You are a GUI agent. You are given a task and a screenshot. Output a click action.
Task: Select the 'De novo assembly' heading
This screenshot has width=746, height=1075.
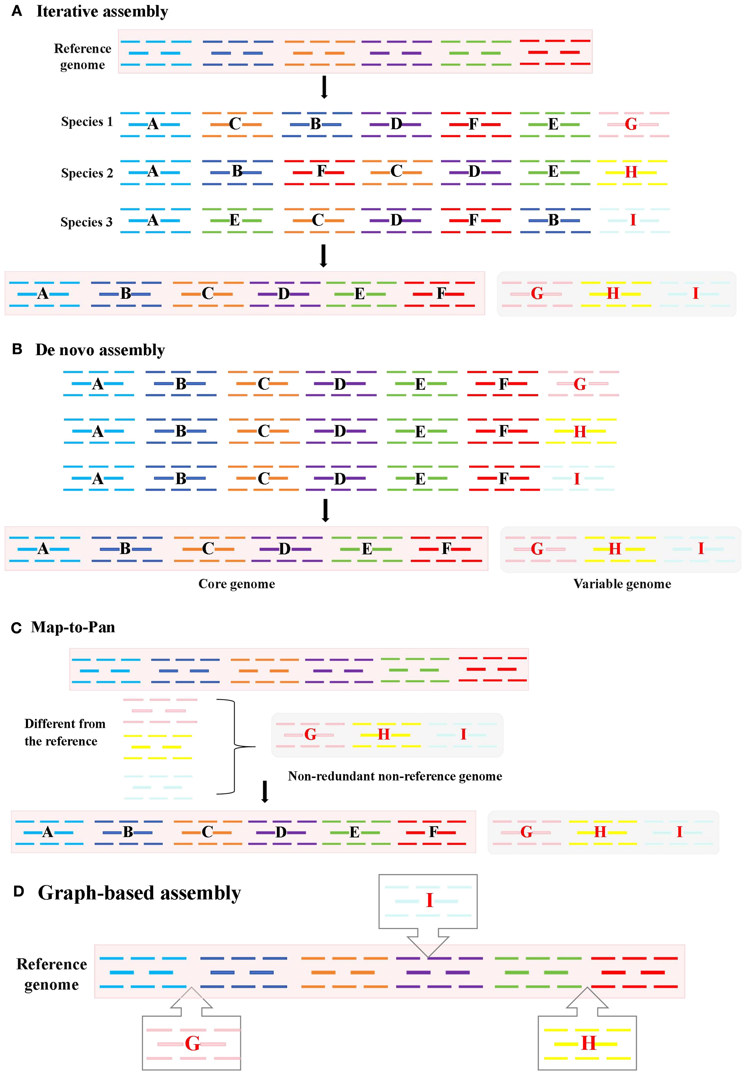[100, 350]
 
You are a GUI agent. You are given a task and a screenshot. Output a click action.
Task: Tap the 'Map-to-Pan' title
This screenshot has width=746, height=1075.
[73, 627]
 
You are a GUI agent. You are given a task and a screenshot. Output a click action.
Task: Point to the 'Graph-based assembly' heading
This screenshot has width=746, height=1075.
[139, 893]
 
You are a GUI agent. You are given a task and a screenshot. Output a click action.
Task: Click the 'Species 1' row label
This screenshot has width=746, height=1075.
[87, 122]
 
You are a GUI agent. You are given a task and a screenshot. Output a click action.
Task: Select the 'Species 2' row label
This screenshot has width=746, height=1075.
[87, 173]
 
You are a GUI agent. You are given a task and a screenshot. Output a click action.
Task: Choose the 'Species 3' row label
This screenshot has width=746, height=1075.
[86, 222]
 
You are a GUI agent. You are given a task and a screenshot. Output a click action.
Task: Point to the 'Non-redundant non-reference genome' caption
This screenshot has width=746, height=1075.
[395, 776]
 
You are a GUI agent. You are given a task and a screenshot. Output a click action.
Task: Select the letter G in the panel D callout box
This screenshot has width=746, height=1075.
[192, 1043]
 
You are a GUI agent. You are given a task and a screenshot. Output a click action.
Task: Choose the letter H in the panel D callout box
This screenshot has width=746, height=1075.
[588, 1043]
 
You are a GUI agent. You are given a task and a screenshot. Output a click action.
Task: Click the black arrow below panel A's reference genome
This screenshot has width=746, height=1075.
[324, 88]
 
